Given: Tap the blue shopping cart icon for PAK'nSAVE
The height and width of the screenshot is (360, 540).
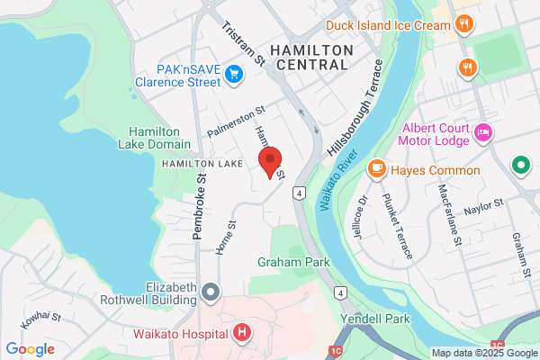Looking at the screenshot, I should tap(234, 74).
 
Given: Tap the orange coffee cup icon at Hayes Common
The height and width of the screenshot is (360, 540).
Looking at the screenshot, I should tap(377, 169).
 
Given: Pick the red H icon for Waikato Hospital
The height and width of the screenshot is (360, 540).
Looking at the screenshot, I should tap(241, 334).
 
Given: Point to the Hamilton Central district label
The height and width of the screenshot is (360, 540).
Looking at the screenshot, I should tap(311, 56).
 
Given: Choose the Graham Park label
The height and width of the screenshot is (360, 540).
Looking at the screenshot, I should tap(293, 262).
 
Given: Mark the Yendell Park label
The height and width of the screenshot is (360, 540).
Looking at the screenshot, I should tap(375, 319).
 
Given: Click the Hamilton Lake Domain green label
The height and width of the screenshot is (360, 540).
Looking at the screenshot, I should tap(159, 138).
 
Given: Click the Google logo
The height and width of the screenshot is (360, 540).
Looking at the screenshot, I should tap(30, 348).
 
